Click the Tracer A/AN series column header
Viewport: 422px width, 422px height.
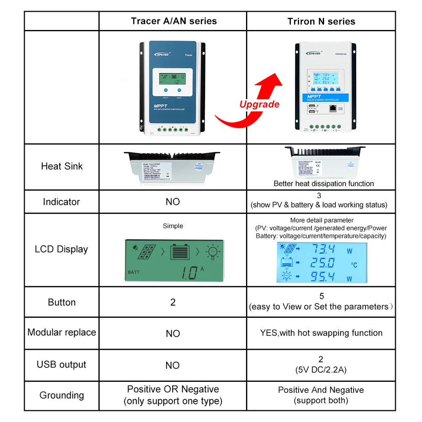tap(173, 21)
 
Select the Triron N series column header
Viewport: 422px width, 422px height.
tap(321, 22)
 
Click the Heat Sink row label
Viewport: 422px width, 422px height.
tap(62, 166)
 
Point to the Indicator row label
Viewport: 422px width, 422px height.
tap(61, 202)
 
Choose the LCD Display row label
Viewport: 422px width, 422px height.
tap(61, 249)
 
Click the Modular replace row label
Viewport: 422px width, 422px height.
tap(62, 333)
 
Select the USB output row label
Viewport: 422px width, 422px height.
tap(61, 365)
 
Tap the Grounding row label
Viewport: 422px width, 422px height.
tap(62, 395)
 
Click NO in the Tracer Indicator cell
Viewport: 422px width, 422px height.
tap(173, 202)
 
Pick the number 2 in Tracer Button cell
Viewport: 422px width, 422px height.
tap(173, 302)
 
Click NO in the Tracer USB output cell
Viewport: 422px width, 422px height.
tap(173, 365)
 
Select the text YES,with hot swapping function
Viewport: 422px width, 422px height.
tap(321, 333)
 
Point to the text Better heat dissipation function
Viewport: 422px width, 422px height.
tap(324, 184)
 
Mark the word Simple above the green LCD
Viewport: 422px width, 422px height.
tap(173, 226)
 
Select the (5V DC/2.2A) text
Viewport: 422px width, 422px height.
tap(321, 370)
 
